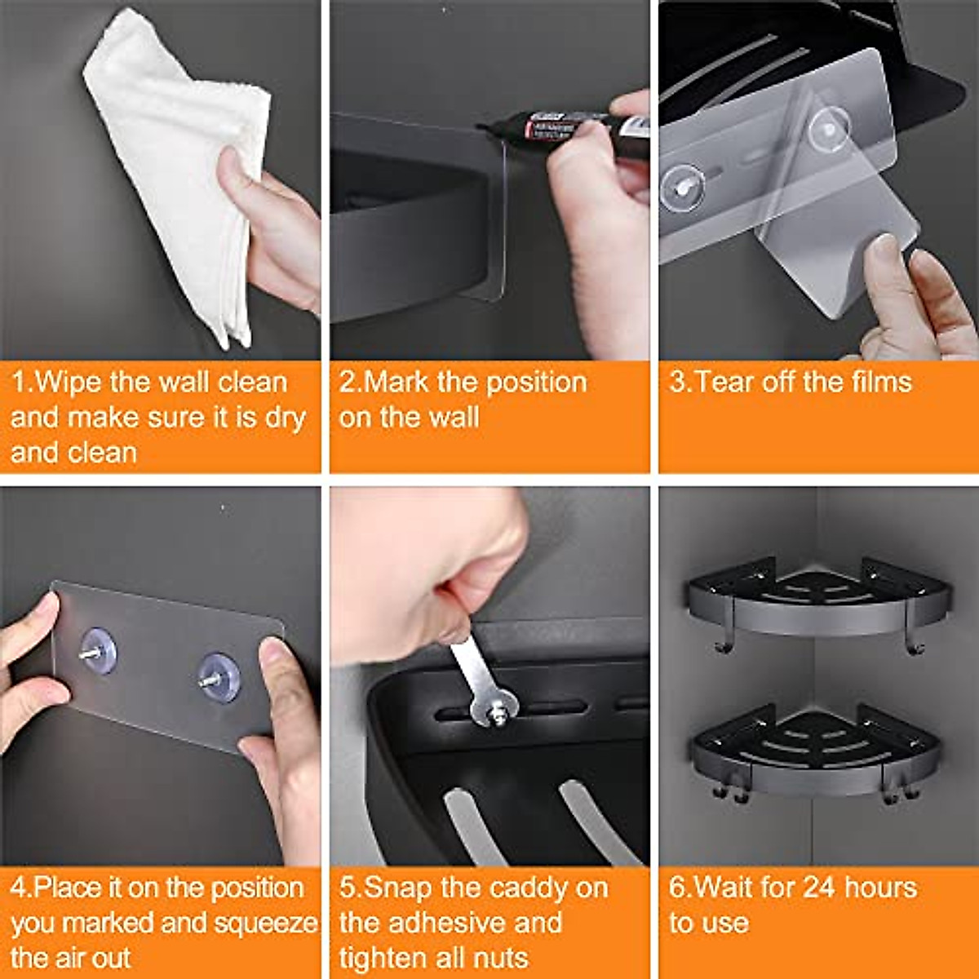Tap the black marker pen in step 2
[571, 126]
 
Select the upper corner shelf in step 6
[816, 600]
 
